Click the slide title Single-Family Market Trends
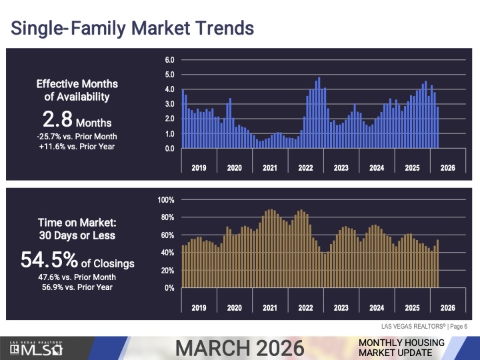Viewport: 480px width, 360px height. coord(131,28)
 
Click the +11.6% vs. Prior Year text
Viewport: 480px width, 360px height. coord(77,146)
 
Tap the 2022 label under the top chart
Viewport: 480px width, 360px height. coord(305,167)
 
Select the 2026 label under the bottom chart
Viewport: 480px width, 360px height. coord(447,307)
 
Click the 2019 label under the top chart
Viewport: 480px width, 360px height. coord(199,167)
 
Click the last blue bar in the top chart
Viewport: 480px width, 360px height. coord(437,127)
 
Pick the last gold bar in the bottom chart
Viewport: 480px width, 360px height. coord(437,264)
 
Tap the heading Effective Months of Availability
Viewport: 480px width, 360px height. coord(77,90)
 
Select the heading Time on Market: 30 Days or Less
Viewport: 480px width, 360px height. coord(77,229)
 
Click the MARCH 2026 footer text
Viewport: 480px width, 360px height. coord(239,347)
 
